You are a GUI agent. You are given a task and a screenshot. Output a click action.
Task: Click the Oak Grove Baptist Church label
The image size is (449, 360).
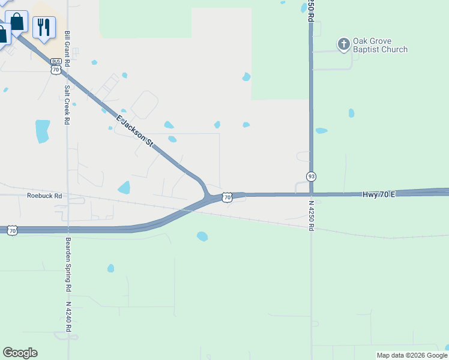(380, 45)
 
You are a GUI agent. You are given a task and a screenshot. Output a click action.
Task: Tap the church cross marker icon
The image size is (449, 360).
(343, 44)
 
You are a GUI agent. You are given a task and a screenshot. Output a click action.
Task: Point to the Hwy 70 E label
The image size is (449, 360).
(379, 194)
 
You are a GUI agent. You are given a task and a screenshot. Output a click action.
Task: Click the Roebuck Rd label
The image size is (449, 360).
(44, 196)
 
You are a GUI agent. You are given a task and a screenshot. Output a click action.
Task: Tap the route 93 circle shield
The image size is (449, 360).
(311, 176)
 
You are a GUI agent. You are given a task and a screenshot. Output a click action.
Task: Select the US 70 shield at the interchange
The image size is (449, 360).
(226, 197)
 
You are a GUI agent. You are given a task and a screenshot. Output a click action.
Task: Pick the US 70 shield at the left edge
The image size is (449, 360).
(13, 230)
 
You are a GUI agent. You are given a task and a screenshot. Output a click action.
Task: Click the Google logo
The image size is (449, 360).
(20, 353)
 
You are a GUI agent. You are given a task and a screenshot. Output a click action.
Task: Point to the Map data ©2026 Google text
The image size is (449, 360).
(411, 355)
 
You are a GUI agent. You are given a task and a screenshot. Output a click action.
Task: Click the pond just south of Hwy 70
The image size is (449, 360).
(202, 236)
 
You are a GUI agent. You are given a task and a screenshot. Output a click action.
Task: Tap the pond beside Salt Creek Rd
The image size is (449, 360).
(42, 131)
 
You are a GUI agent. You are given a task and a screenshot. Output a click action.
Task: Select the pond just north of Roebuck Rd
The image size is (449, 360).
(124, 188)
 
